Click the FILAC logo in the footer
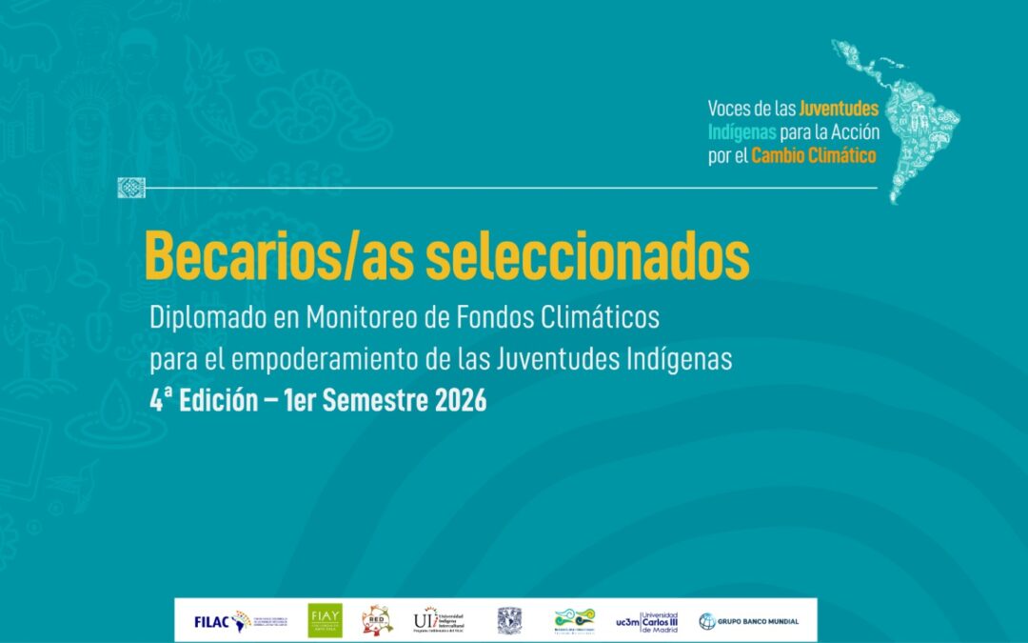222,621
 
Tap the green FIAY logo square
325,621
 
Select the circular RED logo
377,621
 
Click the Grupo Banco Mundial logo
749,621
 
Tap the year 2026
461,401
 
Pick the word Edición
213,401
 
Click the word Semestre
372,401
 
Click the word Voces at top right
728,110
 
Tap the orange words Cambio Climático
813,155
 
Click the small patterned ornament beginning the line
130,188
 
